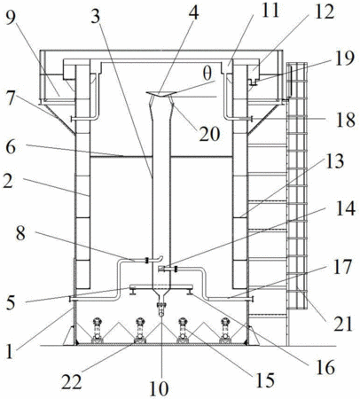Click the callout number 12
[x=325, y=12]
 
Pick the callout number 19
[x=345, y=59]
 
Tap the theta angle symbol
[x=207, y=74]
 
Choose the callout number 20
[x=209, y=134]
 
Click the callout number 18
[x=345, y=120]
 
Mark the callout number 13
[x=334, y=161]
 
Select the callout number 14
[x=345, y=208]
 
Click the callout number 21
[x=342, y=324]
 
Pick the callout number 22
[x=72, y=382]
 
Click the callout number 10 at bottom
[x=160, y=387]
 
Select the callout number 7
[x=11, y=98]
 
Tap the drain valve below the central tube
[x=161, y=308]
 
